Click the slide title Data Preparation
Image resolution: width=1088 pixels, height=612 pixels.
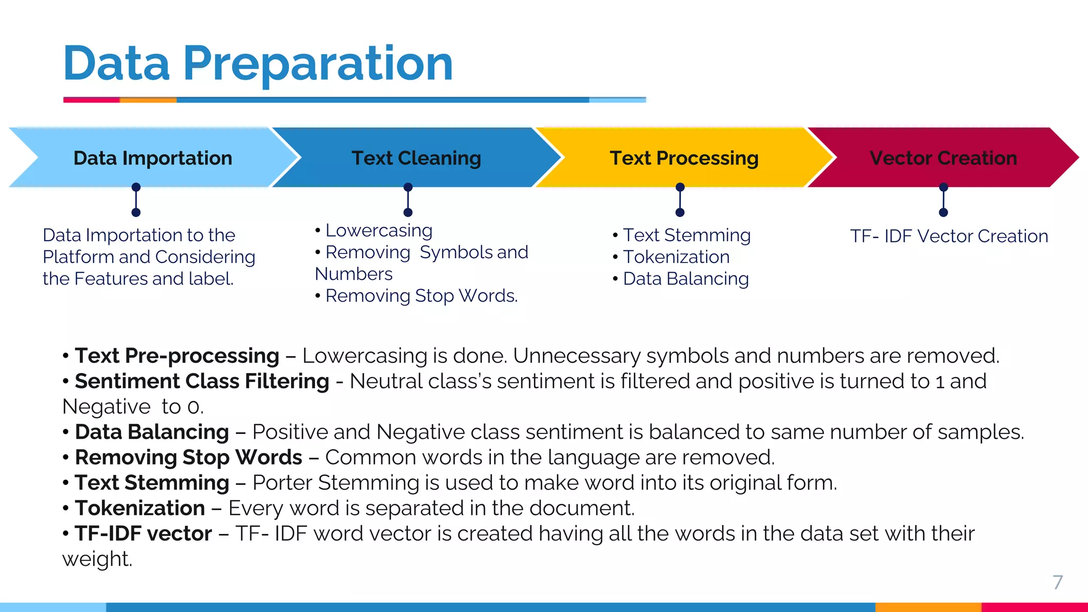pos(258,64)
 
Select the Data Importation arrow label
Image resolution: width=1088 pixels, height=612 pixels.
pos(153,158)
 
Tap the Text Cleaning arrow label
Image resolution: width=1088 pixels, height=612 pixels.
pos(416,158)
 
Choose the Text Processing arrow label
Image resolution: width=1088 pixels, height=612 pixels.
pos(684,158)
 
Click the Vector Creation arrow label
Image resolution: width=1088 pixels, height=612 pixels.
pos(943,158)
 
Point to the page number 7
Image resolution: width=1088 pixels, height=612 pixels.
pos(1058,582)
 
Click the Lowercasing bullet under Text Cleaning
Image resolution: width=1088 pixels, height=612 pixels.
pos(379,231)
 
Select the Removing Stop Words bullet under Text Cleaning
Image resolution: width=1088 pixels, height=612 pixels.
pos(421,296)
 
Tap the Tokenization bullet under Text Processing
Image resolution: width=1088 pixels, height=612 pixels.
pos(676,257)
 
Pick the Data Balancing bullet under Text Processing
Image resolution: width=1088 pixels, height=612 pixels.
pos(685,279)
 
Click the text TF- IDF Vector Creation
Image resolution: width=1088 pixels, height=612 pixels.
pos(949,236)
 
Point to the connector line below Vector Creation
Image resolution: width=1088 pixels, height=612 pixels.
pos(943,200)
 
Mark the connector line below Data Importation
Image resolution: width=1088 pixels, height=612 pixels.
pos(136,200)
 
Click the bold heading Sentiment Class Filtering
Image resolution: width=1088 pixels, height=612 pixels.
pos(202,381)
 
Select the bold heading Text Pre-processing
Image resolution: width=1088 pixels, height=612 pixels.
pos(177,356)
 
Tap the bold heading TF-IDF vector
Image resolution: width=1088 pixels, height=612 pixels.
pos(143,534)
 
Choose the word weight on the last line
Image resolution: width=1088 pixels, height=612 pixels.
pos(96,559)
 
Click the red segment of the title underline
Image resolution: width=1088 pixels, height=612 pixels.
pos(91,100)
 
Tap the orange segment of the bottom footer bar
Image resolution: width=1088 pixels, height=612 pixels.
pos(928,607)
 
